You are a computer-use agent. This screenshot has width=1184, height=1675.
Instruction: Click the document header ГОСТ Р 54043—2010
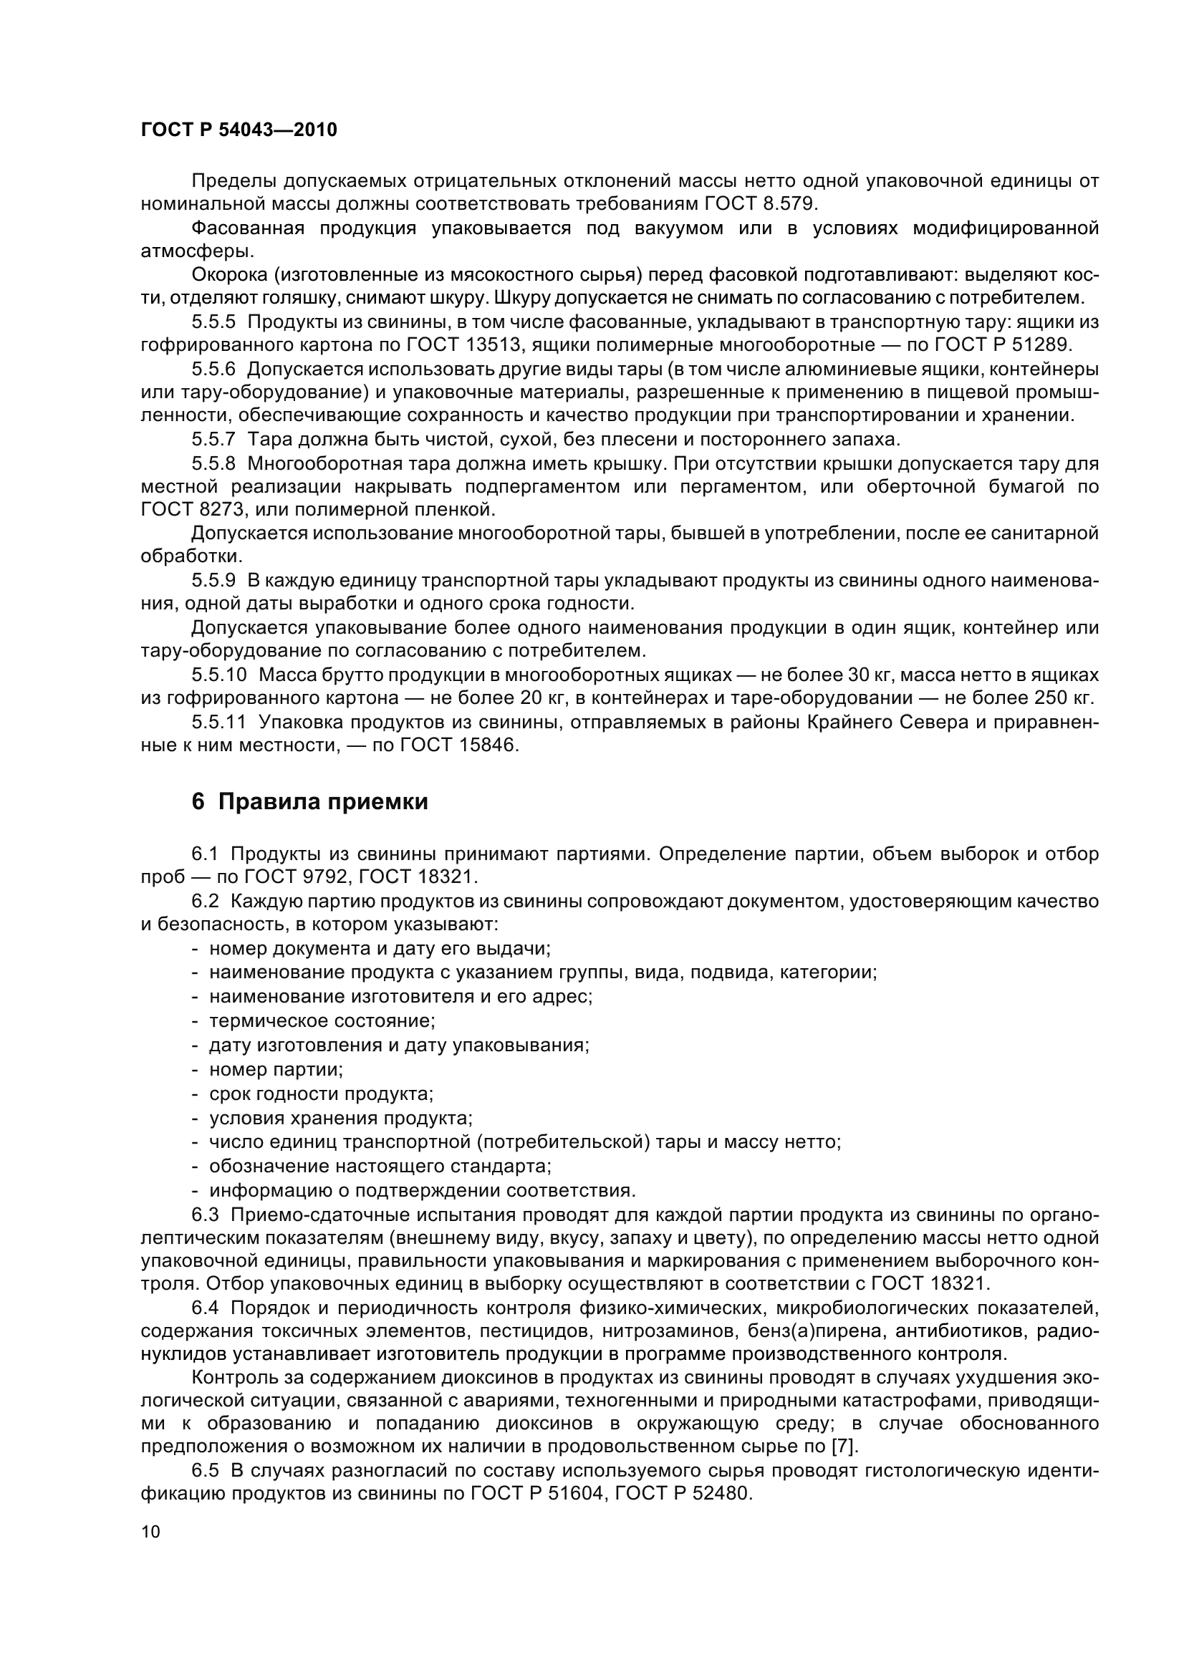239,130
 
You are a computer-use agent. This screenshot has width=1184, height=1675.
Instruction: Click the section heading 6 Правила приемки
309,802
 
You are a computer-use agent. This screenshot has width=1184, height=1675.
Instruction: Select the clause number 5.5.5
213,322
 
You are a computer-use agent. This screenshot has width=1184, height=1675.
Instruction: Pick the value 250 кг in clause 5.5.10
1064,697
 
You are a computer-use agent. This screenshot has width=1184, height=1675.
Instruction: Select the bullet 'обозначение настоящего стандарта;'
380,1166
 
